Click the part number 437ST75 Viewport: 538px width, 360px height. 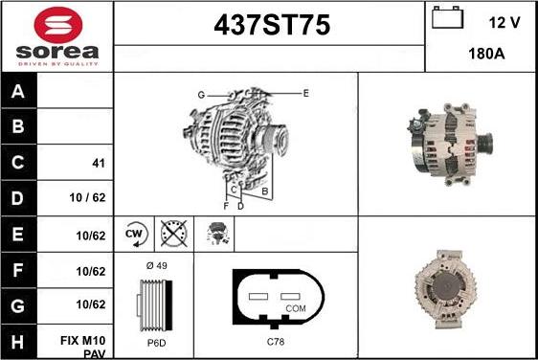(x=269, y=28)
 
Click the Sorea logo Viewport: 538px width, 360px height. (x=56, y=36)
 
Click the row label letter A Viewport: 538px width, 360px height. (x=19, y=92)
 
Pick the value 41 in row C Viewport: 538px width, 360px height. (x=98, y=164)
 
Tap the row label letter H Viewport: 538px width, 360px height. (x=19, y=341)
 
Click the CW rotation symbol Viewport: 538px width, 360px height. (x=134, y=234)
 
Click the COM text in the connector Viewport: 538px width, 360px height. (x=297, y=309)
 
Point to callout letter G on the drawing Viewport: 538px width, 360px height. (x=201, y=94)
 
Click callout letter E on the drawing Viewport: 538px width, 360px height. (x=305, y=93)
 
